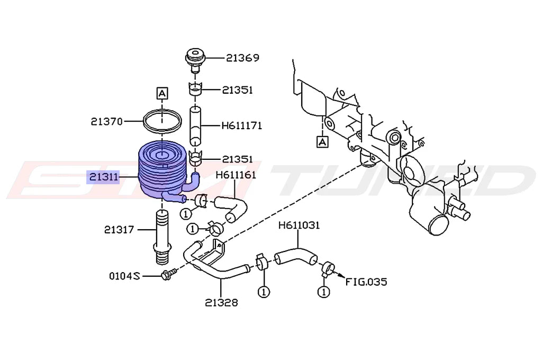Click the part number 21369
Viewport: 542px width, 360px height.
click(242, 58)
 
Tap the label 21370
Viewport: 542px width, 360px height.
click(107, 121)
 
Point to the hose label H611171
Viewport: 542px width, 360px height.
click(241, 125)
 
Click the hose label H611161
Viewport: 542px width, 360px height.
click(236, 175)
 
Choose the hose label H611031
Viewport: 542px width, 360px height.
click(299, 226)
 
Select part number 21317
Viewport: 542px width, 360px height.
click(119, 230)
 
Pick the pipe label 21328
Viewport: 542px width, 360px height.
click(222, 303)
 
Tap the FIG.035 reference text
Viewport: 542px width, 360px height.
click(366, 282)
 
